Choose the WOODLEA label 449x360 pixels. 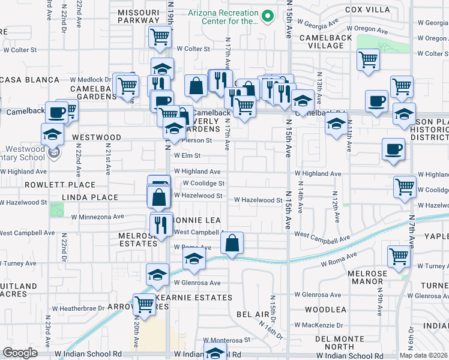325,310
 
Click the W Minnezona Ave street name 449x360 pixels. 97,217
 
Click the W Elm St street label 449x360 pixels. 187,155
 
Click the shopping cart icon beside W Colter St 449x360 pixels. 160,37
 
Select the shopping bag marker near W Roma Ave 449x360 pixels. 232,244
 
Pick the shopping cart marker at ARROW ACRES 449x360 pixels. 144,304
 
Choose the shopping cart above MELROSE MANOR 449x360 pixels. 398,256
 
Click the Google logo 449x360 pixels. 20,353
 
